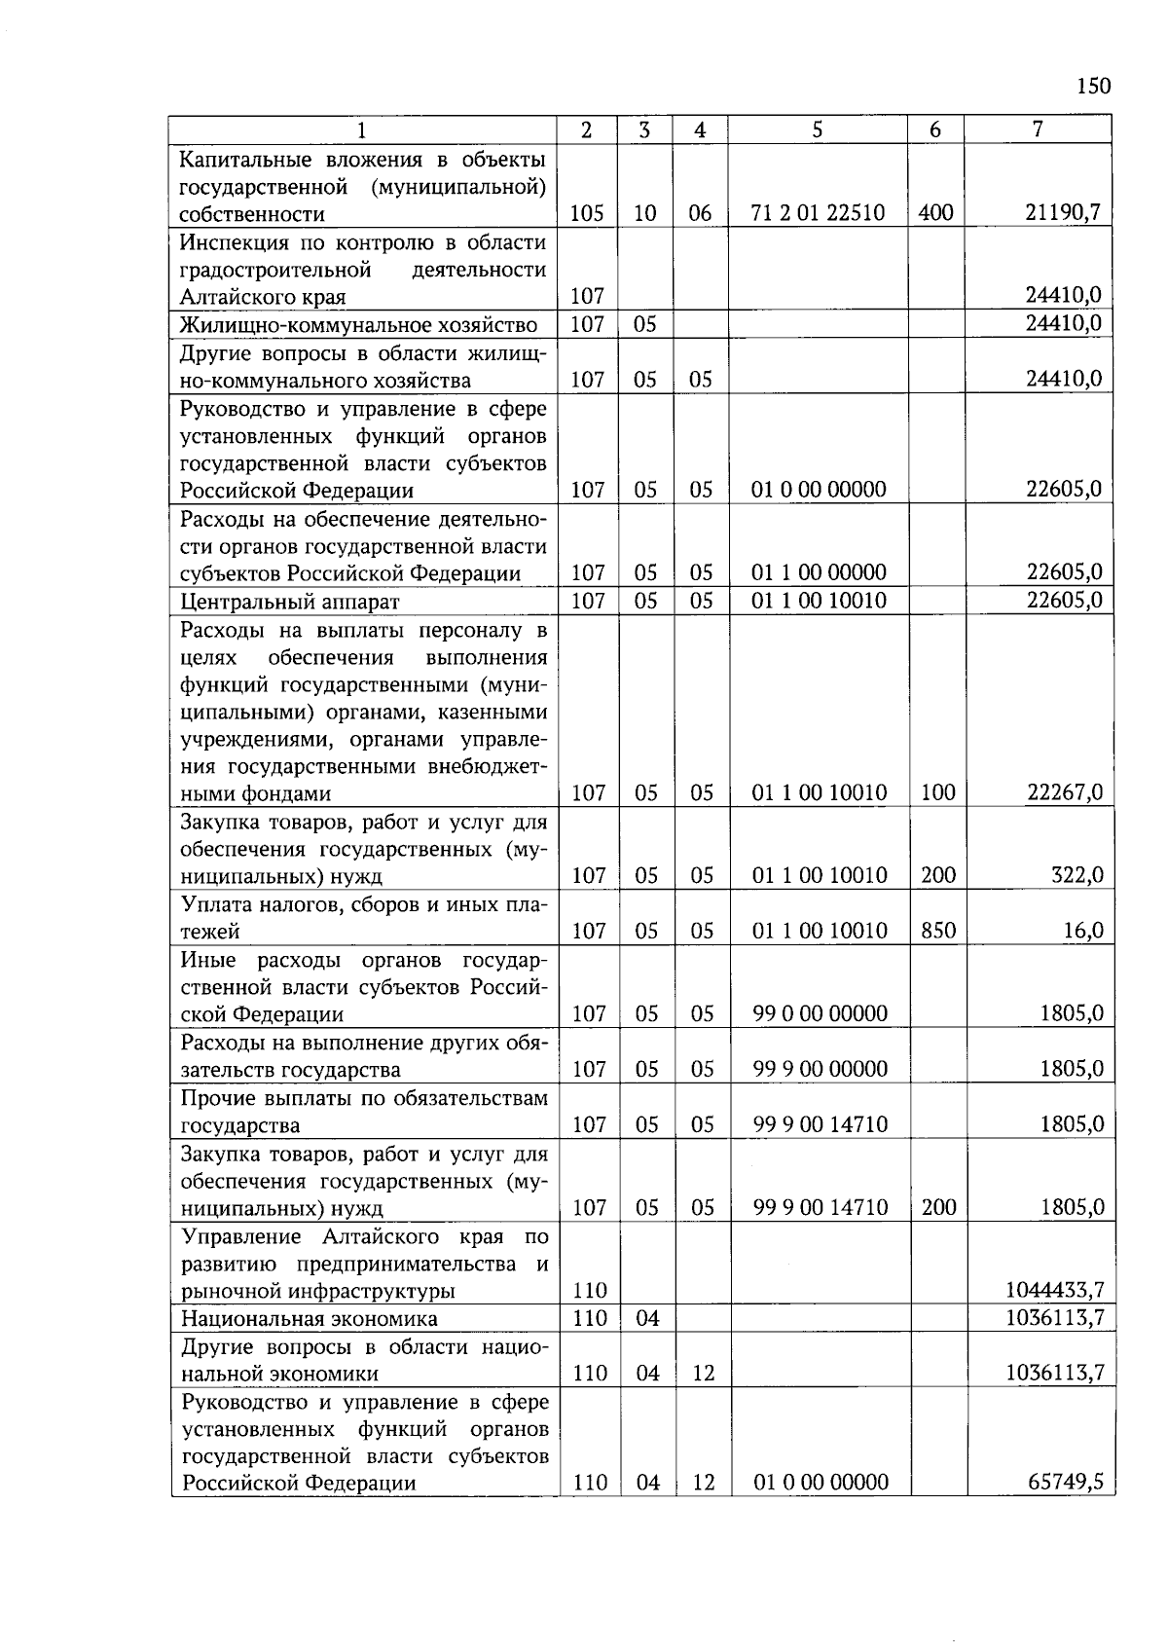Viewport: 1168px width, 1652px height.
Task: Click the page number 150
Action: pos(1093,87)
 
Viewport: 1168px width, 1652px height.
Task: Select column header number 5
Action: pos(817,129)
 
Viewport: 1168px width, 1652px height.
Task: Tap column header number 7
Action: pos(1038,129)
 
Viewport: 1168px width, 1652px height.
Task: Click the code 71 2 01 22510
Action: pos(818,213)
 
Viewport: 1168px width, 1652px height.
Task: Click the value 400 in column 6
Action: pos(935,213)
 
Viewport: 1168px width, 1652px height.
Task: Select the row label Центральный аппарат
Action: pos(289,601)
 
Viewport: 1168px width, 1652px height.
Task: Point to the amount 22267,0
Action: pos(1065,792)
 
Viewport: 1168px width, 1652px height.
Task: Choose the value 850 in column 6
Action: pos(937,931)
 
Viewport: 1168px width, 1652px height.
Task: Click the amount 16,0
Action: pos(1083,931)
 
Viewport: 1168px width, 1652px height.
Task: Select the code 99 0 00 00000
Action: pos(820,1013)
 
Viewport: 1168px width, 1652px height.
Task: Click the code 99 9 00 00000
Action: pos(820,1069)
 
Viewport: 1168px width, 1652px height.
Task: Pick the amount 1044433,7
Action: pos(1054,1291)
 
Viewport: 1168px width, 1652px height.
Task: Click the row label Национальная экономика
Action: pos(309,1319)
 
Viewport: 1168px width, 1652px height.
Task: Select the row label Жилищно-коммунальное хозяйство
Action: pos(358,324)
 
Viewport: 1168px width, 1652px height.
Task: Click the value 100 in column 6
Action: pos(937,792)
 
